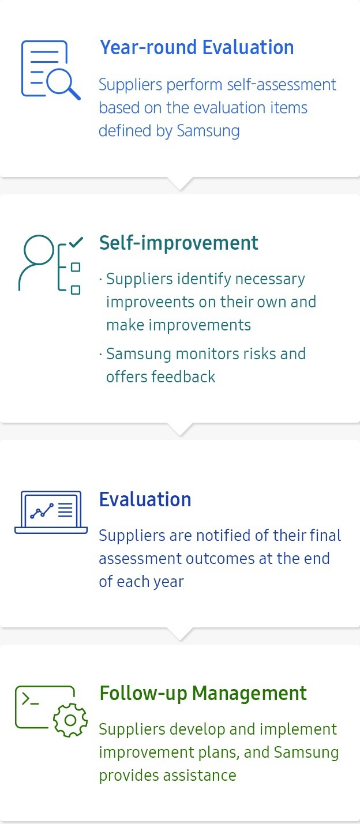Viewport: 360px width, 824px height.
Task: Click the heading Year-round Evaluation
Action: (x=197, y=48)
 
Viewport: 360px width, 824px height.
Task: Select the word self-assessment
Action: (x=281, y=85)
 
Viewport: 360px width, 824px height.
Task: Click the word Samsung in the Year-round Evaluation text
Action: (x=208, y=131)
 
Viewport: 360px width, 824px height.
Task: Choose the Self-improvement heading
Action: (x=178, y=243)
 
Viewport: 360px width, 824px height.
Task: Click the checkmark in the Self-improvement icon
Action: (x=76, y=242)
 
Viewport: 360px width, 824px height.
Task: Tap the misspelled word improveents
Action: (x=150, y=302)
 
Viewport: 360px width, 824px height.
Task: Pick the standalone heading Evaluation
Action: (x=145, y=499)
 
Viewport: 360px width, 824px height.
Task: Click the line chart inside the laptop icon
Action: (x=42, y=511)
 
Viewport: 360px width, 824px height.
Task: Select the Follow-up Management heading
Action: (x=203, y=694)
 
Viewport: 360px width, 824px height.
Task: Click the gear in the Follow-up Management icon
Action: (x=70, y=720)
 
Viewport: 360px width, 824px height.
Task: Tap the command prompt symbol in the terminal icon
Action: (x=30, y=699)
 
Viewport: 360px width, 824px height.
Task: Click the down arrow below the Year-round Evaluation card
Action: (x=180, y=183)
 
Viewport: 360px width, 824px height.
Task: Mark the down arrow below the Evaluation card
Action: (x=180, y=634)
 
